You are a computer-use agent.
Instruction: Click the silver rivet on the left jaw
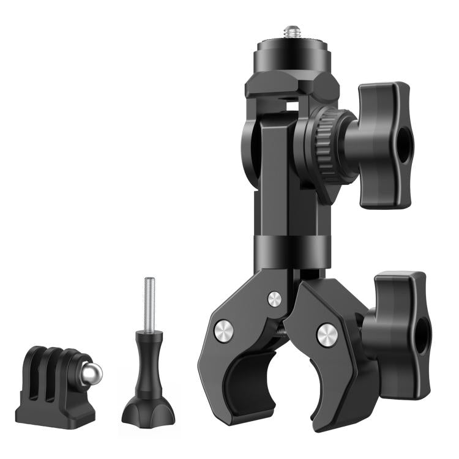tap(223, 331)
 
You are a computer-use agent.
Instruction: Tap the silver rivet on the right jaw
tap(327, 335)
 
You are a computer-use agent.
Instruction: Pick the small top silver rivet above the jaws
tap(275, 299)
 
